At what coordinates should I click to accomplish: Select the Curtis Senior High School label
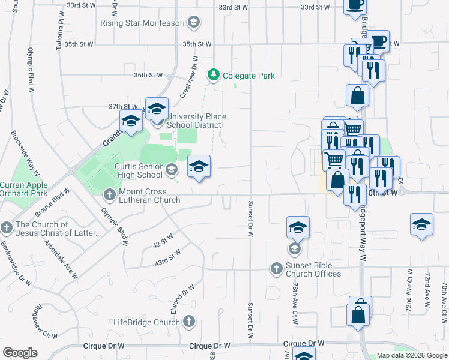(139, 170)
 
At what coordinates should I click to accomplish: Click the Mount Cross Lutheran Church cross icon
(109, 194)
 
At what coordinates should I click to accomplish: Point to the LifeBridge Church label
(146, 322)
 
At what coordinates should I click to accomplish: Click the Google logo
(20, 353)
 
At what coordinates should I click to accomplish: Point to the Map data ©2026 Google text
(412, 355)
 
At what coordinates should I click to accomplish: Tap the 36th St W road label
(148, 75)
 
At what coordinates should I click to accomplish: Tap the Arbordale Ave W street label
(62, 259)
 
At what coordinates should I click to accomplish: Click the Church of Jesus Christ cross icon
(7, 228)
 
